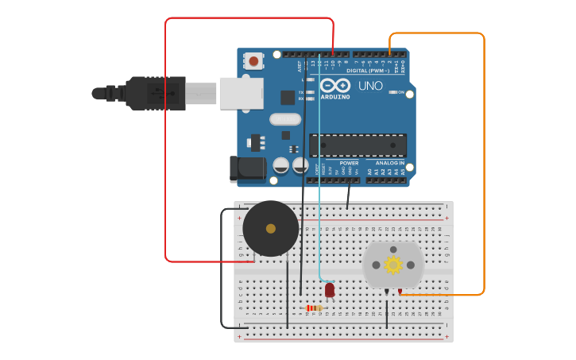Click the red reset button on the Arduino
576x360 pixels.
click(x=253, y=60)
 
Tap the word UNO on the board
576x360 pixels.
click(x=370, y=86)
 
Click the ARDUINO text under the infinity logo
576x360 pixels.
click(x=334, y=97)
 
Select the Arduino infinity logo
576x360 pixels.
click(x=334, y=85)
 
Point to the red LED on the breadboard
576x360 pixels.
click(x=330, y=290)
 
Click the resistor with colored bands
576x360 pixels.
click(x=315, y=308)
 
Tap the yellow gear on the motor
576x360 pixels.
click(x=393, y=265)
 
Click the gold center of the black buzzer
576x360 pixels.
click(x=271, y=228)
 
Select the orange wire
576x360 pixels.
click(x=483, y=159)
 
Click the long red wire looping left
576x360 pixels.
click(x=165, y=143)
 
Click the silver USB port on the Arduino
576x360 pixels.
click(x=241, y=93)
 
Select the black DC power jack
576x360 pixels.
click(x=248, y=168)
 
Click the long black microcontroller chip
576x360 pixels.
click(x=358, y=145)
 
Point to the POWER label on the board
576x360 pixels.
click(x=349, y=163)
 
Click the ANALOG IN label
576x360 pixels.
click(x=389, y=163)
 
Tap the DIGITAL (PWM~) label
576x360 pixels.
click(x=368, y=71)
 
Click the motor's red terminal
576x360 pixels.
click(x=400, y=292)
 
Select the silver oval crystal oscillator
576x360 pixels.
click(x=284, y=119)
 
